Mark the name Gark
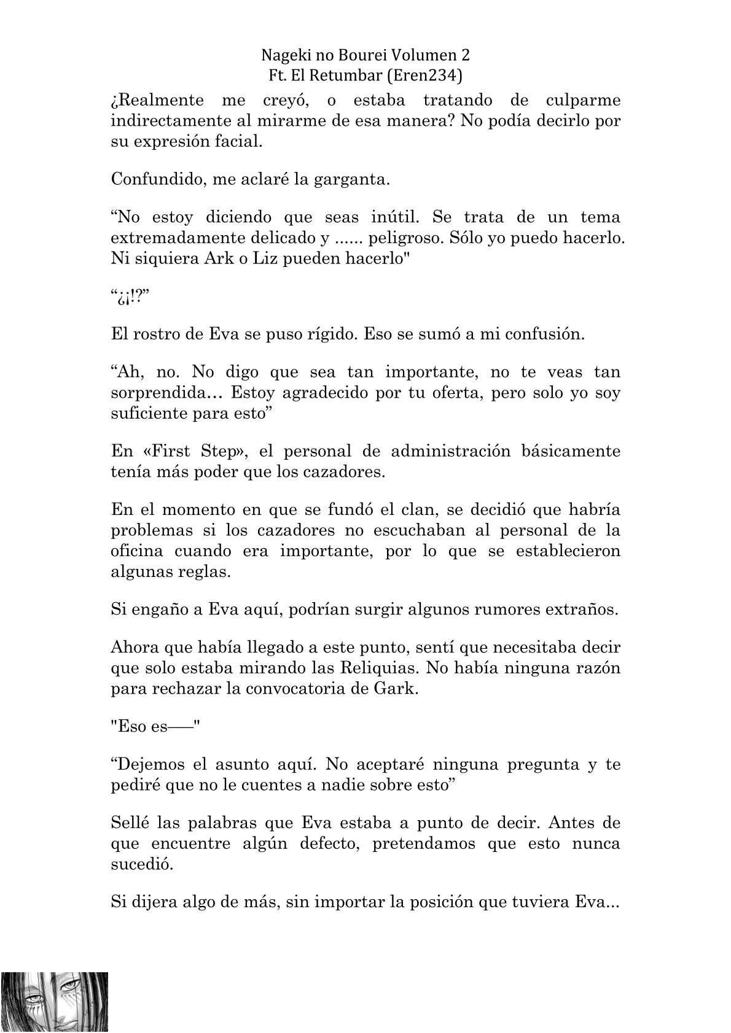click(x=390, y=688)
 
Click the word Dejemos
click(x=155, y=765)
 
